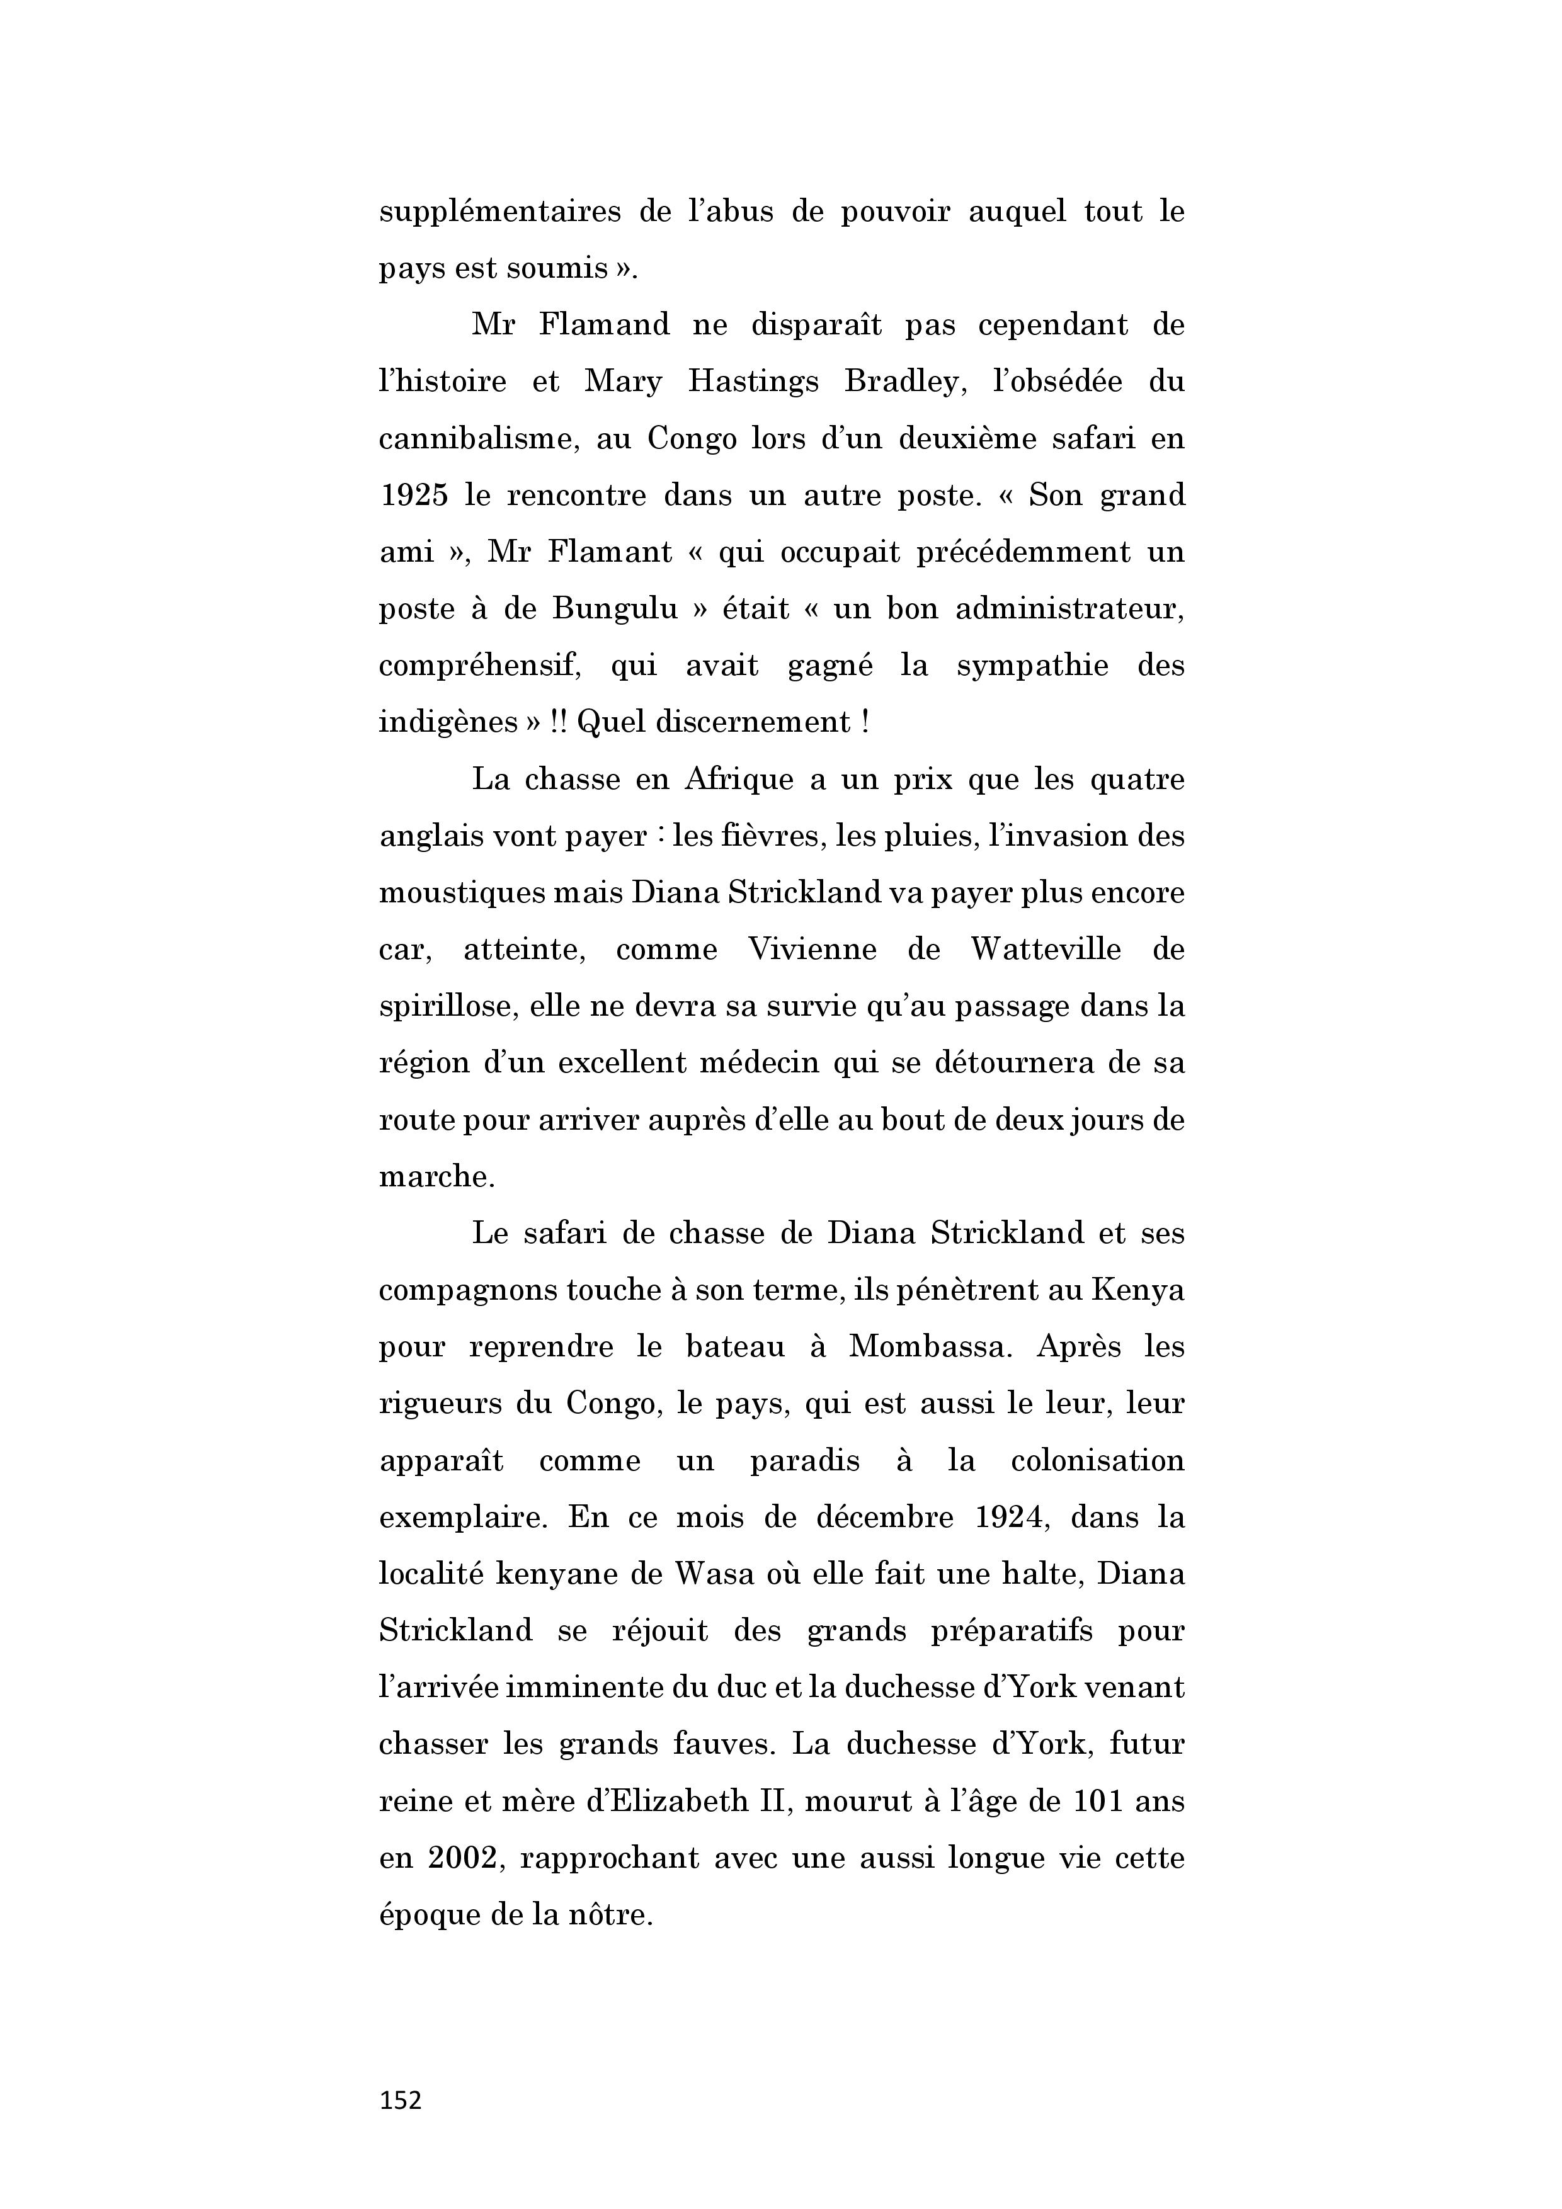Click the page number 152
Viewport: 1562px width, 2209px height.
pyautogui.click(x=401, y=2099)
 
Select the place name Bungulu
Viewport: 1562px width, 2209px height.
pyautogui.click(x=616, y=609)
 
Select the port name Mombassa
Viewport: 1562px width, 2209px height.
pyautogui.click(x=931, y=1347)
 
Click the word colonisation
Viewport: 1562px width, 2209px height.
pyautogui.click(x=1097, y=1460)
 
